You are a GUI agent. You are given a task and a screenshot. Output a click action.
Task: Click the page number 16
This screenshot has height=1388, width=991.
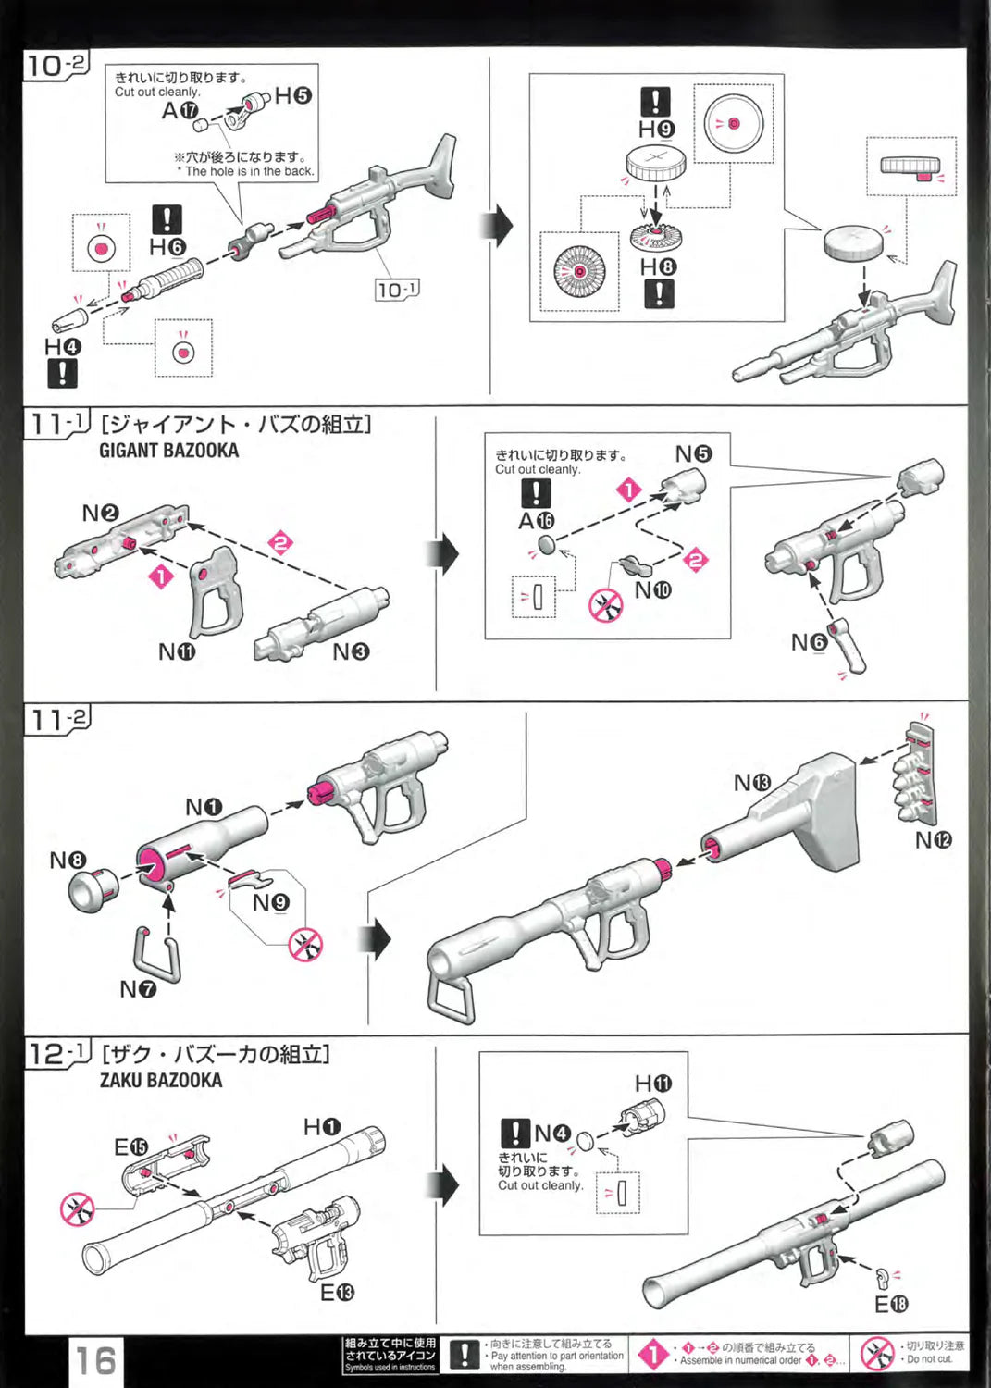(95, 1360)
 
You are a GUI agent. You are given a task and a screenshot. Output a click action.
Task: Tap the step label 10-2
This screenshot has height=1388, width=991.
(56, 66)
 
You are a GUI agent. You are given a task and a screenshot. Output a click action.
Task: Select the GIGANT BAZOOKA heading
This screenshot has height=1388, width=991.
(168, 451)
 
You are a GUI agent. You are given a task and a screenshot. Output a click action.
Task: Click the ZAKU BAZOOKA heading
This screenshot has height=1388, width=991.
(161, 1080)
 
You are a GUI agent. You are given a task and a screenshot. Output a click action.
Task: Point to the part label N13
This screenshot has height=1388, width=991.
(751, 783)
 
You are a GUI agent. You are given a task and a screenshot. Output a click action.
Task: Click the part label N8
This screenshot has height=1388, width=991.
(67, 861)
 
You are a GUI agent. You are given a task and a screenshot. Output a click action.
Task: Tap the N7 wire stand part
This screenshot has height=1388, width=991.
(156, 953)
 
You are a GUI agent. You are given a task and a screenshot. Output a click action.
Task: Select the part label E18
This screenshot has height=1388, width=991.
(891, 1304)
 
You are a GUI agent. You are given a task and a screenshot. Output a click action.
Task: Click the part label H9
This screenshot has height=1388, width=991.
(656, 130)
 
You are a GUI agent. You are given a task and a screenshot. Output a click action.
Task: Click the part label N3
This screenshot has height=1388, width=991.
(351, 652)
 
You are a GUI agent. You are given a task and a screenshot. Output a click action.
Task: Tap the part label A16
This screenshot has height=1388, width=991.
(536, 521)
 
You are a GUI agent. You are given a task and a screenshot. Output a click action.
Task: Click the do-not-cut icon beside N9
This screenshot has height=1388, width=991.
(305, 945)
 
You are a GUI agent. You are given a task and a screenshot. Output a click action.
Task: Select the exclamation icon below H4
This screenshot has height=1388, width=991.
(62, 374)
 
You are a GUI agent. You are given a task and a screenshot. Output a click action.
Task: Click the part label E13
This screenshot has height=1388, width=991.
(337, 1292)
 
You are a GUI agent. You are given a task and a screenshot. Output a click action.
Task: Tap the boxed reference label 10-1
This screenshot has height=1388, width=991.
(397, 290)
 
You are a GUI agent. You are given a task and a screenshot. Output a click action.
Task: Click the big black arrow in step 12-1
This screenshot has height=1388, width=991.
(447, 1185)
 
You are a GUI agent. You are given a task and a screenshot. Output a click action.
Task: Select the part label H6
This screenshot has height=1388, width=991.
(167, 247)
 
